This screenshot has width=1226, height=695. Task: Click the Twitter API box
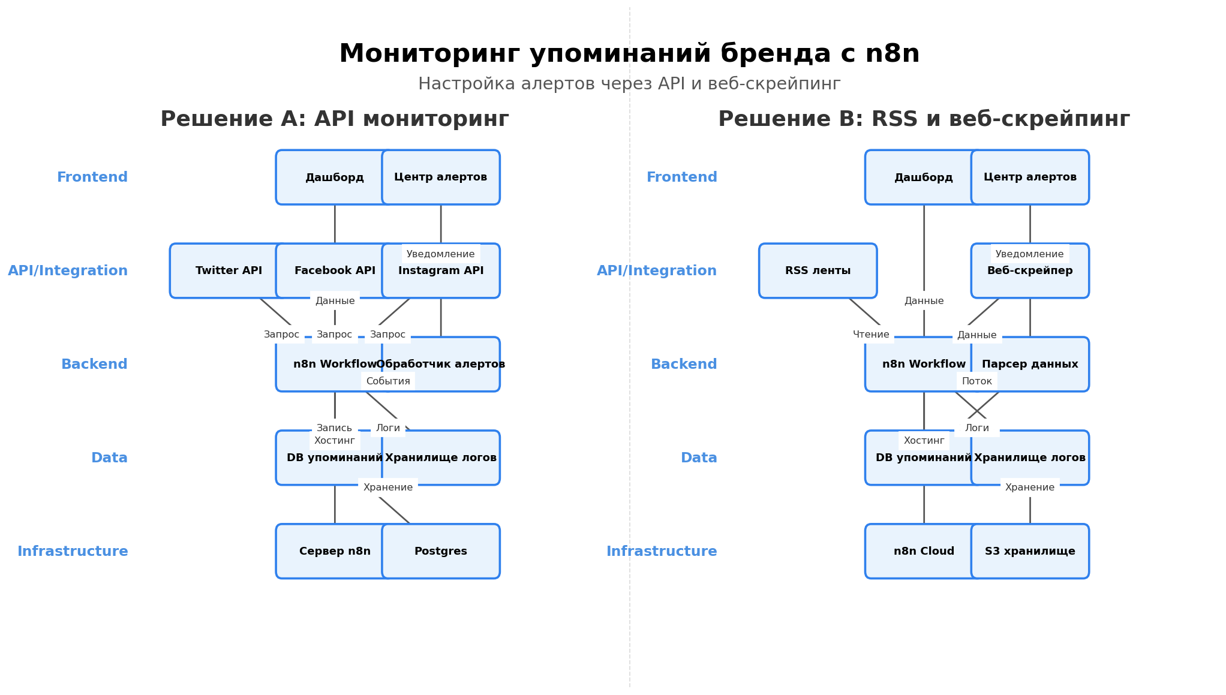coord(229,270)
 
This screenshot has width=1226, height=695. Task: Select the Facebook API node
coord(335,271)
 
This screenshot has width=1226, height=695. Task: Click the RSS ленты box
coord(818,270)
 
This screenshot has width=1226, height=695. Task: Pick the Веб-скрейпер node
coord(1030,271)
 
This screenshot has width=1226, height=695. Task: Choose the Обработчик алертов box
coord(441,364)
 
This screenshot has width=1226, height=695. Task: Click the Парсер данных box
coord(1030,364)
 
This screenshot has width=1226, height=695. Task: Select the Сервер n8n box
coord(335,551)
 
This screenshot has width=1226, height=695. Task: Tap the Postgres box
coord(441,551)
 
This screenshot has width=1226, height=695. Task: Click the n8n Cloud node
coord(924,551)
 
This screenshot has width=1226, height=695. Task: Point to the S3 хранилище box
coord(1030,551)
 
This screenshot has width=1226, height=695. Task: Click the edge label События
coord(388,381)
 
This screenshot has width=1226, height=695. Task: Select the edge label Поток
coord(977,381)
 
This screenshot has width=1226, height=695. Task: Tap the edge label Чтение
coord(871,335)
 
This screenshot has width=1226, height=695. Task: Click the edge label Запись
coord(334,428)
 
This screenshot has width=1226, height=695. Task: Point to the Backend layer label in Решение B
coord(684,364)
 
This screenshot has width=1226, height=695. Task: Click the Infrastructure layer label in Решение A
coord(73,551)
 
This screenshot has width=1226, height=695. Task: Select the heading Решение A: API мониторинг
coord(335,119)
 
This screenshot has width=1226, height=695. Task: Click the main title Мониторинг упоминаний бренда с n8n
coord(629,53)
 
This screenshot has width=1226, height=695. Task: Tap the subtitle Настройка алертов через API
coord(629,84)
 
